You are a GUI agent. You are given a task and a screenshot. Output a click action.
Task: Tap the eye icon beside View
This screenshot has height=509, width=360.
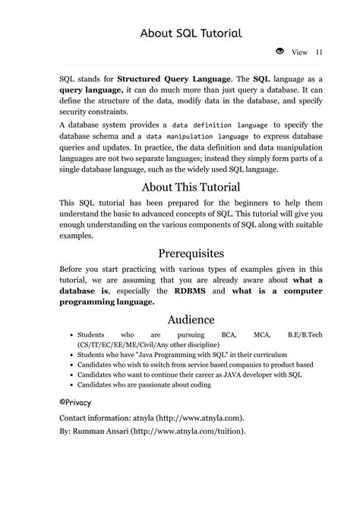click(279, 52)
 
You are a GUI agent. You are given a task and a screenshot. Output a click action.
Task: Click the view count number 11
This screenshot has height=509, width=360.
click(318, 52)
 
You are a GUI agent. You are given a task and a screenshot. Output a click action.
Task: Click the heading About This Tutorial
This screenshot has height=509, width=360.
click(191, 187)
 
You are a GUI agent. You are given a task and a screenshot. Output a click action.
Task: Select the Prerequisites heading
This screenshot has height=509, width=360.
click(191, 253)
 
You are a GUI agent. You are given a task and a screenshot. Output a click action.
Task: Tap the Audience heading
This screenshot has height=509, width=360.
click(191, 320)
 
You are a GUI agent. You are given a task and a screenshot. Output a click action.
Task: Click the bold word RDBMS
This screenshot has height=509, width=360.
click(194, 291)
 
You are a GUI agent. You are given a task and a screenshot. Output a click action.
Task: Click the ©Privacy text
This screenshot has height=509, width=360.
click(74, 401)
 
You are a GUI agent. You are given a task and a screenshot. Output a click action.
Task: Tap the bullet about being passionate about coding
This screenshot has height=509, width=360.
click(144, 384)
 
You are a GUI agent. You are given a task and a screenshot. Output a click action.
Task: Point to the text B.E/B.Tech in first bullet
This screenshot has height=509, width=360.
click(305, 334)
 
